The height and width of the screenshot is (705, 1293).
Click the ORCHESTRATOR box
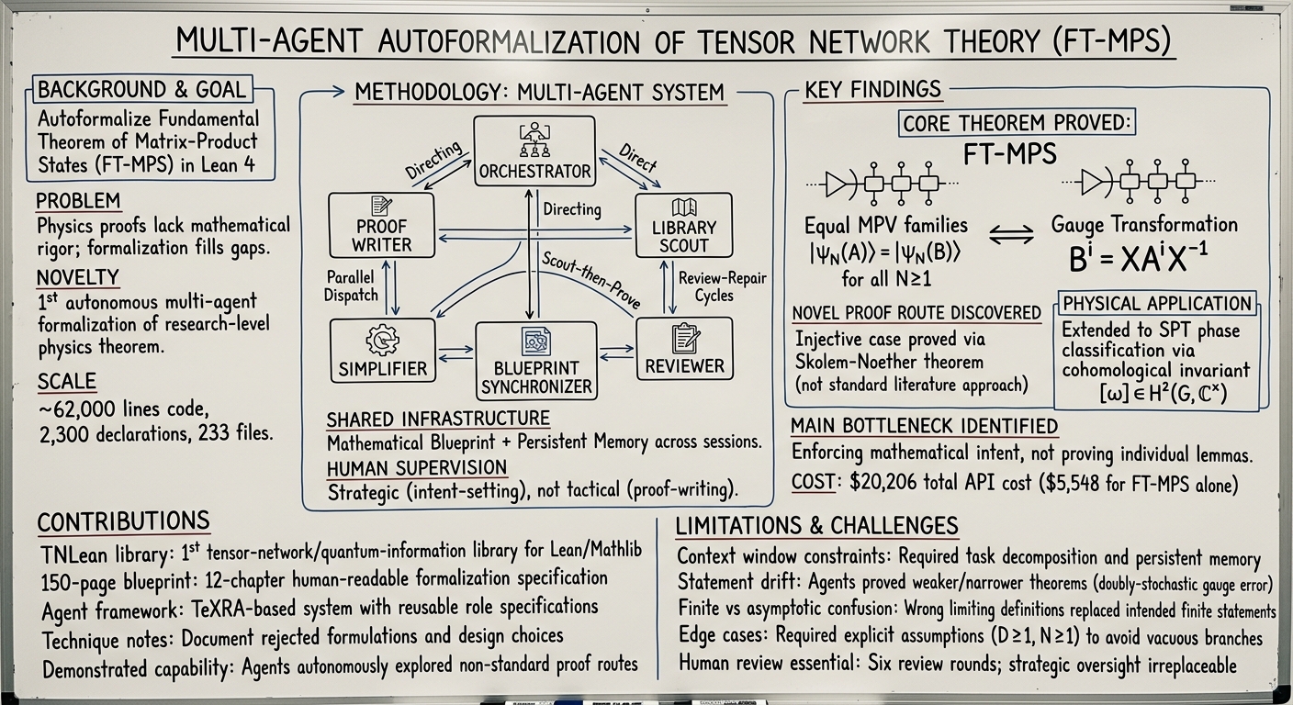[534, 151]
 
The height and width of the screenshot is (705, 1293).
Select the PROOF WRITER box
[381, 225]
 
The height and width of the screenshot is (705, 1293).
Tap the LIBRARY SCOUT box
[684, 225]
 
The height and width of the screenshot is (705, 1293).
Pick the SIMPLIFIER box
[383, 350]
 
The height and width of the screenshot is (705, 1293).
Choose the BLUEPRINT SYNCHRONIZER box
[536, 361]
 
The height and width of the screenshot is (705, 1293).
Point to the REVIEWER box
[684, 348]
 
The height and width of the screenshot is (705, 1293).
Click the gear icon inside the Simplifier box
[382, 341]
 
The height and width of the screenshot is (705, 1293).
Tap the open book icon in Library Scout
[684, 207]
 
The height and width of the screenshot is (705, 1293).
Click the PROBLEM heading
[78, 201]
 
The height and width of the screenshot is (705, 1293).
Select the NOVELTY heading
[78, 277]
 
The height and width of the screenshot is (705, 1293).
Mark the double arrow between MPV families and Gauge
[1012, 234]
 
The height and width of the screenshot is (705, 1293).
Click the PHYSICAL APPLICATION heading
[1157, 304]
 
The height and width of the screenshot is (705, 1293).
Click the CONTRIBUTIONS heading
[124, 521]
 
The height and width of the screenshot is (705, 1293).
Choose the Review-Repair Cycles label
[722, 286]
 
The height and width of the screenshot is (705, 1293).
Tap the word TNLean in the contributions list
[74, 555]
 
